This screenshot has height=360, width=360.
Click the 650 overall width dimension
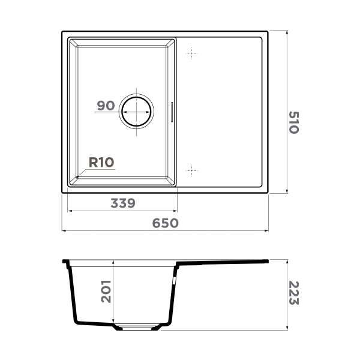165,223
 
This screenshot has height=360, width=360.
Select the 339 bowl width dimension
122,203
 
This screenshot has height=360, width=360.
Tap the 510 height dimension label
293,122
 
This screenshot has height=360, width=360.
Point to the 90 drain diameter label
106,106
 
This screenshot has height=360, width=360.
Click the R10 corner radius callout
101,161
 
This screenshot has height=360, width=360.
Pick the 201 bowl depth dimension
106,291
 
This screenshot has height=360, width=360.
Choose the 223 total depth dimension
293,293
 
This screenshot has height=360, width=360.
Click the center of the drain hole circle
137,112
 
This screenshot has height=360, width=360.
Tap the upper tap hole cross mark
191,55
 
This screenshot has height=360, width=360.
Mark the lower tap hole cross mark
191,170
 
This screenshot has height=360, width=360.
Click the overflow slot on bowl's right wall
173,112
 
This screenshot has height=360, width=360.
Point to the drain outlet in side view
137,328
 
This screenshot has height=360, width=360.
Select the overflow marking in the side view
175,280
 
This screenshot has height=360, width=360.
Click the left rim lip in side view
66,262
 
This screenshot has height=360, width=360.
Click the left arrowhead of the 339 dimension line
68,211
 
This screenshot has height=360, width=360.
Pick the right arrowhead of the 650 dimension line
267,230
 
